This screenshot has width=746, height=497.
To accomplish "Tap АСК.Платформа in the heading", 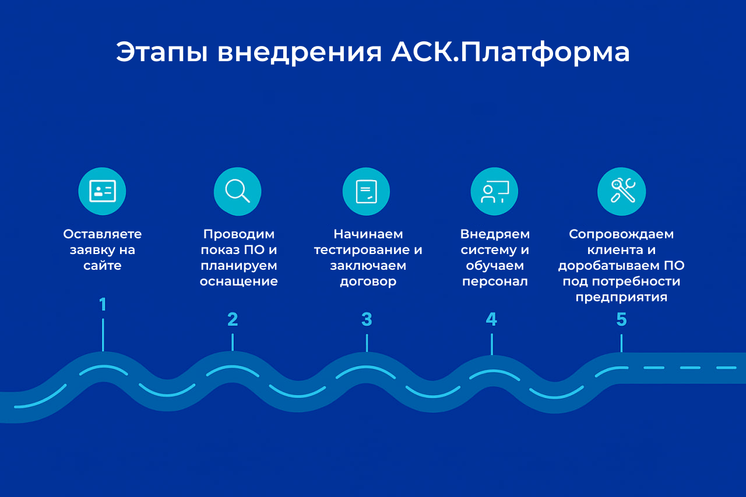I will pyautogui.click(x=511, y=52).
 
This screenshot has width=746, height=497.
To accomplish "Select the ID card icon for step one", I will pyautogui.click(x=102, y=191).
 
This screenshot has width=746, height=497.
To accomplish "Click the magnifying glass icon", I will pyautogui.click(x=237, y=191).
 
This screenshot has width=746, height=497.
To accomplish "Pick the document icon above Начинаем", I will pyautogui.click(x=366, y=191).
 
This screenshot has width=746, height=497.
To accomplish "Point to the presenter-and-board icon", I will pyautogui.click(x=494, y=191).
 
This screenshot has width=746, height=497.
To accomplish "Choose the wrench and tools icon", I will pyautogui.click(x=621, y=191).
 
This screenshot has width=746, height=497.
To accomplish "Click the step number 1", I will pyautogui.click(x=103, y=305).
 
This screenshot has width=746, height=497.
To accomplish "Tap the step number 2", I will pyautogui.click(x=233, y=319).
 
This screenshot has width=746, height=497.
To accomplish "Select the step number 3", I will pyautogui.click(x=367, y=319).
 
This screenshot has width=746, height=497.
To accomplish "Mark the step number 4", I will pyautogui.click(x=491, y=319).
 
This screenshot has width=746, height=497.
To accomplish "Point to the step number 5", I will pyautogui.click(x=621, y=319).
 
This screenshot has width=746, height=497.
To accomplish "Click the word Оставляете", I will pyautogui.click(x=103, y=234).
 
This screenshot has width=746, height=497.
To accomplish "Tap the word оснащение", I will pyautogui.click(x=238, y=281).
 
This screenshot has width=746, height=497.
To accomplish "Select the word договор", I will pyautogui.click(x=368, y=281).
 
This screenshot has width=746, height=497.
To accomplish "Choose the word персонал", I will pyautogui.click(x=495, y=281).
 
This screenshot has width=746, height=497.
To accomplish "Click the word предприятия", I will pyautogui.click(x=621, y=297).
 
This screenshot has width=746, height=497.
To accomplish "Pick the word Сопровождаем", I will pyautogui.click(x=621, y=234).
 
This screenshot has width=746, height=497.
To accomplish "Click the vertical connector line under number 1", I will pyautogui.click(x=103, y=334).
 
